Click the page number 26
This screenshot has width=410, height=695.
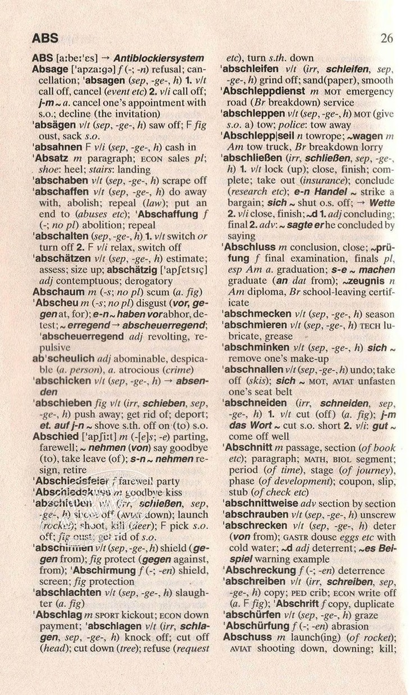386,38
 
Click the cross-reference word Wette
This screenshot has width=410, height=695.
382,203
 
